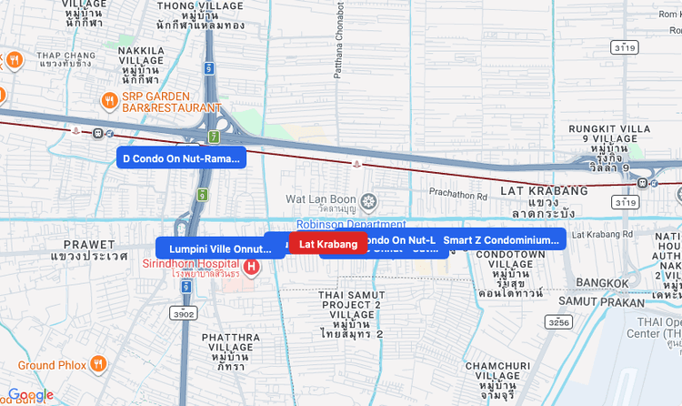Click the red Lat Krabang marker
click(x=327, y=243)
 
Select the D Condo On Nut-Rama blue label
click(x=181, y=158)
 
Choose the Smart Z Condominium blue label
click(x=500, y=240)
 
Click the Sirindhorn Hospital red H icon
click(x=252, y=268)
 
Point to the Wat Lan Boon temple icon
click(x=367, y=200)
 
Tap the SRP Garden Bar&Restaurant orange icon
click(x=109, y=100)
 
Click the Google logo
click(x=30, y=394)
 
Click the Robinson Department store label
click(x=350, y=224)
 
